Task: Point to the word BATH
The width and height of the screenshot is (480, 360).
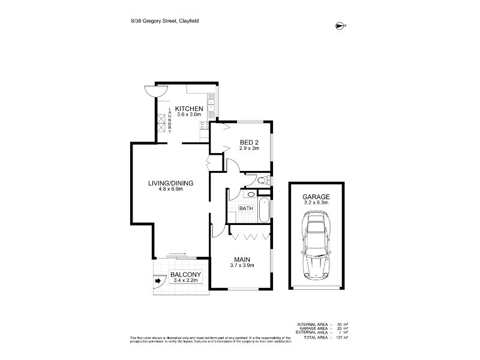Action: pyautogui.click(x=246, y=208)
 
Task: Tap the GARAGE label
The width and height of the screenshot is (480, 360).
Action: pyautogui.click(x=316, y=196)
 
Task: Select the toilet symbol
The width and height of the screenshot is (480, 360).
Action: pyautogui.click(x=262, y=180)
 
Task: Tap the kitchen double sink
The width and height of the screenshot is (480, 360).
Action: pyautogui.click(x=212, y=107)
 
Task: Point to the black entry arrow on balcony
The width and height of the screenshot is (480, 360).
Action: pyautogui.click(x=160, y=280)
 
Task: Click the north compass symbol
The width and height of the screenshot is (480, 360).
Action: pyautogui.click(x=341, y=25)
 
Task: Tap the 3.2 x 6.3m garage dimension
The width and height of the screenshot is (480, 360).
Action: pyautogui.click(x=316, y=203)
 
